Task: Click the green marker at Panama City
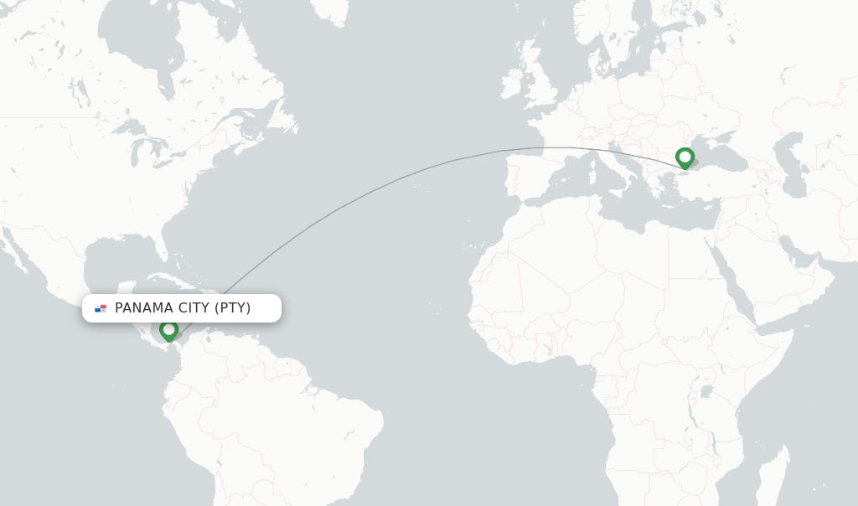(168, 330)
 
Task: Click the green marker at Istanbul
(685, 157)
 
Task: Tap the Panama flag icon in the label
(101, 308)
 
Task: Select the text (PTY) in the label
(233, 308)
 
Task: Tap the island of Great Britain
(537, 80)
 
